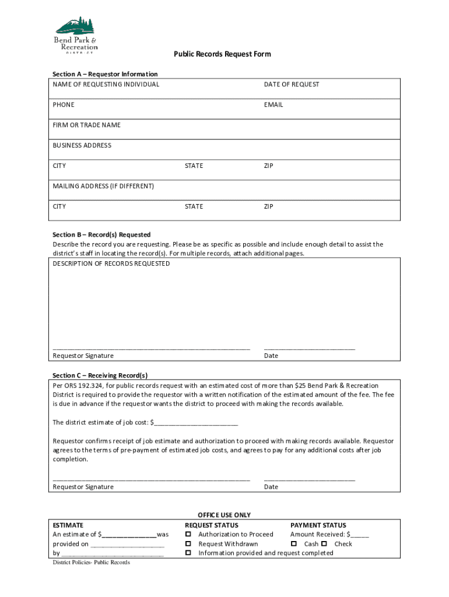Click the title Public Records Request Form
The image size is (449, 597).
coord(222,54)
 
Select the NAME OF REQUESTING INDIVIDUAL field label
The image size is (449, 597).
coord(106,85)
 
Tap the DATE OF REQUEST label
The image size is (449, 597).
coord(292,85)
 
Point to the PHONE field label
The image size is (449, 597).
coord(64,105)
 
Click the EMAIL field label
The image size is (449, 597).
coord(273,105)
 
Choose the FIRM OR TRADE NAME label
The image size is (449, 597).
coord(87,125)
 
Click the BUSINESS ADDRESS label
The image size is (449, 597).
coord(82,146)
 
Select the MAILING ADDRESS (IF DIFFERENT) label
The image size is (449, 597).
coord(103,187)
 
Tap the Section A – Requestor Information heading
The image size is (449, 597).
coord(105,74)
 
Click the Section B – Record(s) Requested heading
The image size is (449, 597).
coord(101,235)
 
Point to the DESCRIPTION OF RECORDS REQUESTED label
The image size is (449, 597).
coord(111,264)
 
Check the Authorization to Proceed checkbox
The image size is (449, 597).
coord(188,535)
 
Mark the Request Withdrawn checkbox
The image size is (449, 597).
coord(188,544)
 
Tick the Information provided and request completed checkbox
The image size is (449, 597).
coord(188,553)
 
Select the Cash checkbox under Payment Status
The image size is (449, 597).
coord(294,544)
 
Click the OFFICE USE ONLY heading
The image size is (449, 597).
coord(224,515)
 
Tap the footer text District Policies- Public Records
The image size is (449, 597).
coord(91,563)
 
